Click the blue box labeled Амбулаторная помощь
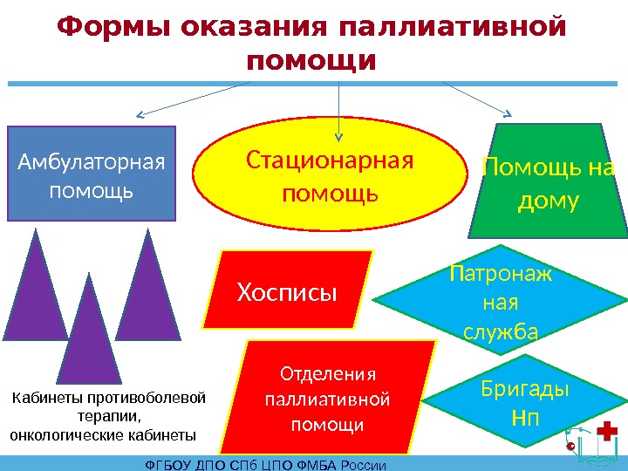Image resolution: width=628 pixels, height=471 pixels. point(92,173)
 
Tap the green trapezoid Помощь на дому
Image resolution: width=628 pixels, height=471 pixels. point(548,185)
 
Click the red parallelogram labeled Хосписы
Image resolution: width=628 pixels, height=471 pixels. point(288,288)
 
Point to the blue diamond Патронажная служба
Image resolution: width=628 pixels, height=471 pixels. point(501,300)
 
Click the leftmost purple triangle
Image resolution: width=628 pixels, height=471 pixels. point(37,297)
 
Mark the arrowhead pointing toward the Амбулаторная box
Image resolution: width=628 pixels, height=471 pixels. point(140,115)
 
